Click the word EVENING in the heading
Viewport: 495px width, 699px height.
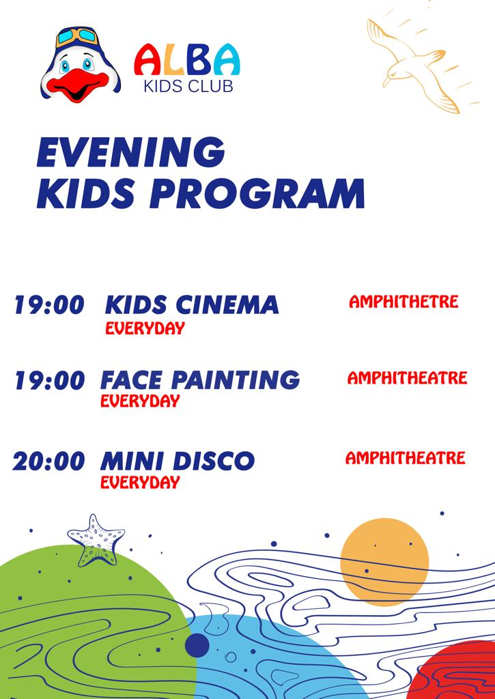[130, 152]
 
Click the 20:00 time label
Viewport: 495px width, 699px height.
[48, 461]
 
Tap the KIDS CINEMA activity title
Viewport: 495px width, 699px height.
[192, 305]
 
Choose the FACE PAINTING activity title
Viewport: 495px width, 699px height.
[200, 380]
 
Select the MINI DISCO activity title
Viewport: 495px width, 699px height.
[178, 461]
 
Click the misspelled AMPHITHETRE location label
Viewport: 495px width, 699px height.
[404, 302]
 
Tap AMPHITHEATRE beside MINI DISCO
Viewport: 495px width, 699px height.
[406, 458]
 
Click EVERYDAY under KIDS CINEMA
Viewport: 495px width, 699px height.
[145, 328]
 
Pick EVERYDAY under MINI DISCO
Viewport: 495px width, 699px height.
[140, 483]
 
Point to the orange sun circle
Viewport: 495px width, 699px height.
[384, 562]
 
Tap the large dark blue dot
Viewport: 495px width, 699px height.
[197, 645]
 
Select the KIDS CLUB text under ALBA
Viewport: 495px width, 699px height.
[188, 85]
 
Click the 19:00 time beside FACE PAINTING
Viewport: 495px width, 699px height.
[49, 381]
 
